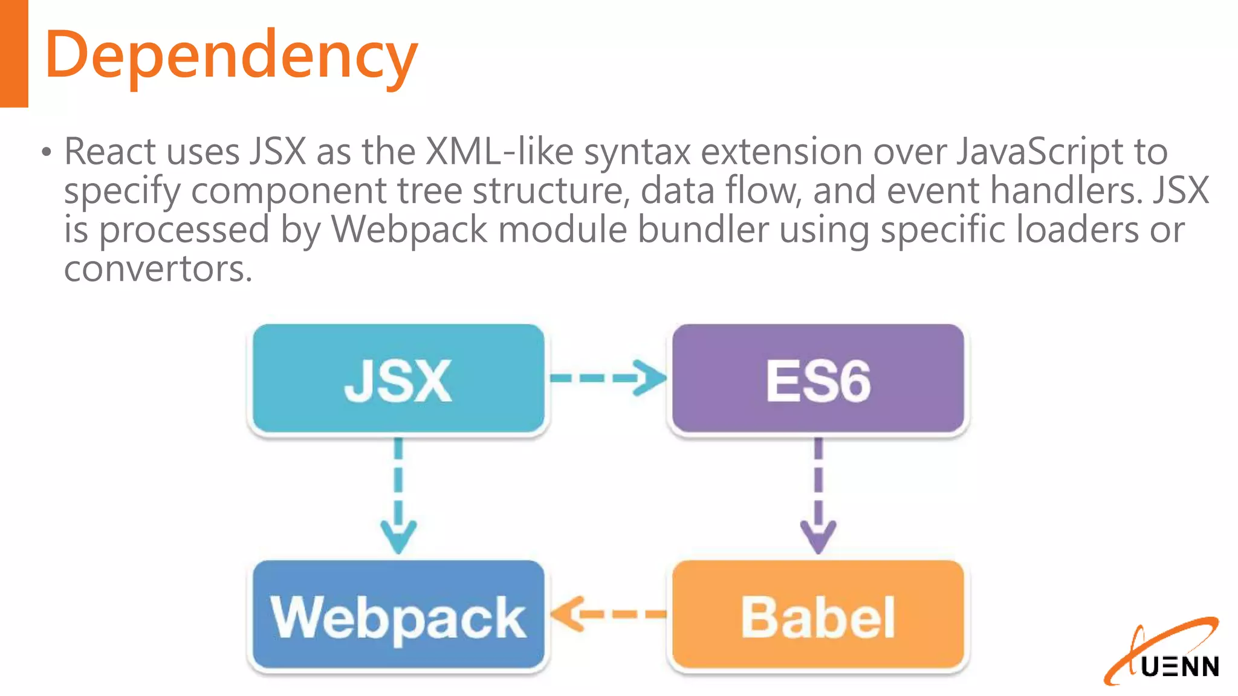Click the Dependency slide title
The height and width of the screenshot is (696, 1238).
231,56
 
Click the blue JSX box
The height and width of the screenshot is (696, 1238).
398,379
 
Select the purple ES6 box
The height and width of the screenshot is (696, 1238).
818,379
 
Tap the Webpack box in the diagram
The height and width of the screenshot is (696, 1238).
398,616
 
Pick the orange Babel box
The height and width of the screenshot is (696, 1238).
818,616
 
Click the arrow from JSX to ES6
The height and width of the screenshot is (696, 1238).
608,378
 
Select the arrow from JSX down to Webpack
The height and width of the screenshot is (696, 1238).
398,495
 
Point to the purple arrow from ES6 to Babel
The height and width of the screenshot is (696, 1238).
818,495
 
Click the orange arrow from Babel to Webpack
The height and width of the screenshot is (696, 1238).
608,614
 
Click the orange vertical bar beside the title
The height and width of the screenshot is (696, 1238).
14,53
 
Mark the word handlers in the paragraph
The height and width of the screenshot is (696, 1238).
1066,190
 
